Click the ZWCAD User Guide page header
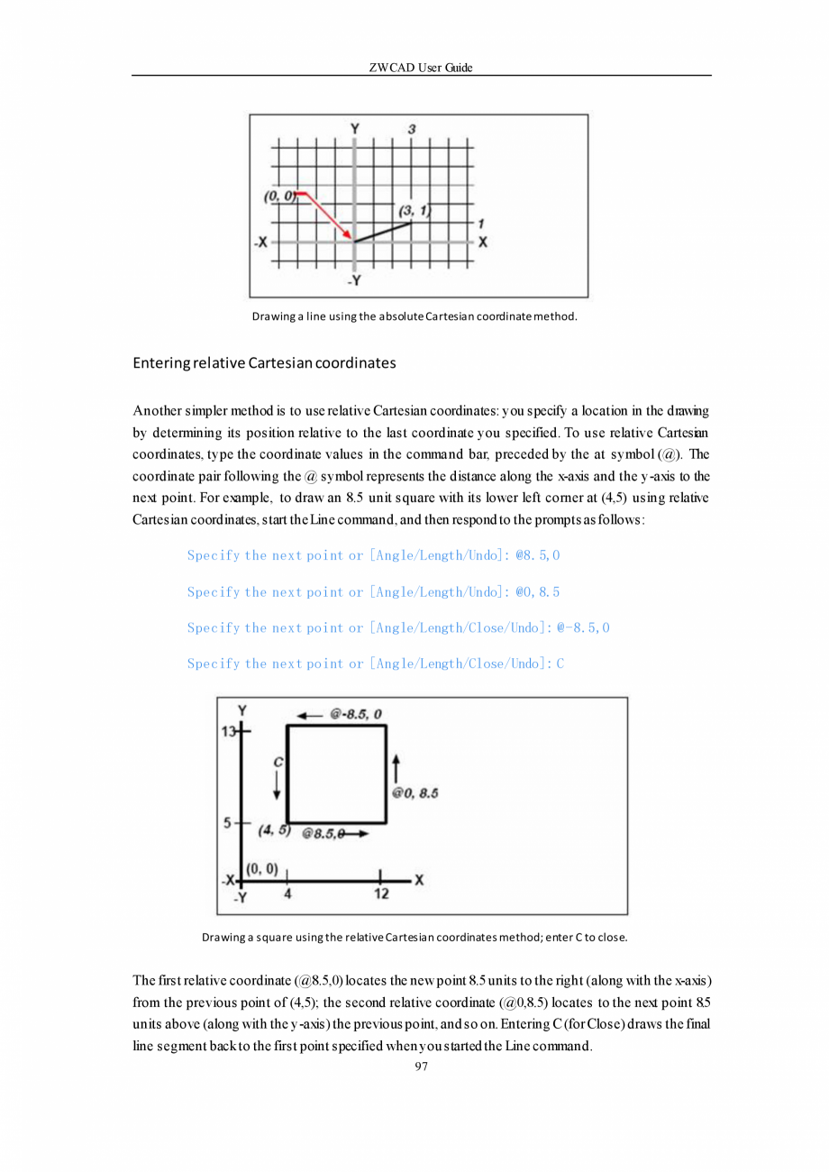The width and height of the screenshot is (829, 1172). (x=421, y=68)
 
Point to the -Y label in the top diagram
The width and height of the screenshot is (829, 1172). (x=354, y=280)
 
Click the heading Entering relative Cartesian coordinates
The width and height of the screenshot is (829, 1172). (x=264, y=363)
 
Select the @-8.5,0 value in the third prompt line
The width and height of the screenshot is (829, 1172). (x=583, y=627)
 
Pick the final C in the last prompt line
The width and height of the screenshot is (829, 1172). (x=560, y=664)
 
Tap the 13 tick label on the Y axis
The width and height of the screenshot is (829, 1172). (x=228, y=732)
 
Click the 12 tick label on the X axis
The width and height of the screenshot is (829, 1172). (x=380, y=894)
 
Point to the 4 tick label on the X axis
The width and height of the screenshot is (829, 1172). (x=287, y=894)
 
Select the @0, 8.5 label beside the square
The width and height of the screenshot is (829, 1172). (x=414, y=793)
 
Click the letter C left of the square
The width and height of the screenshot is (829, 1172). (x=278, y=762)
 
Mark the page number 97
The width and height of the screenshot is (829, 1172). (x=421, y=1067)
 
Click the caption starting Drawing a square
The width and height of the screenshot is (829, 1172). (x=414, y=937)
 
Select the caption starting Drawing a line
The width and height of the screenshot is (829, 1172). (x=414, y=316)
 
